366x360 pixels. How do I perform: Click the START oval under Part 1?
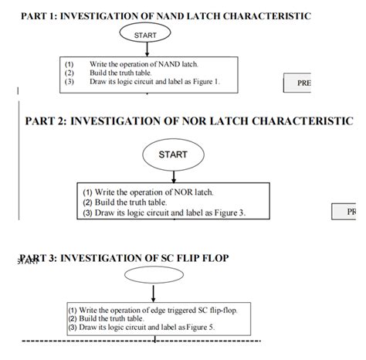(144, 36)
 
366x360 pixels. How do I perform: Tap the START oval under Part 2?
(172, 155)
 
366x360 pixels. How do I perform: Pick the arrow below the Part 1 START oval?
(145, 50)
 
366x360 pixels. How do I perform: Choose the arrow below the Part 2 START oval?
(172, 174)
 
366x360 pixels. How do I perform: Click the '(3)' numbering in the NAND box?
(69, 81)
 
